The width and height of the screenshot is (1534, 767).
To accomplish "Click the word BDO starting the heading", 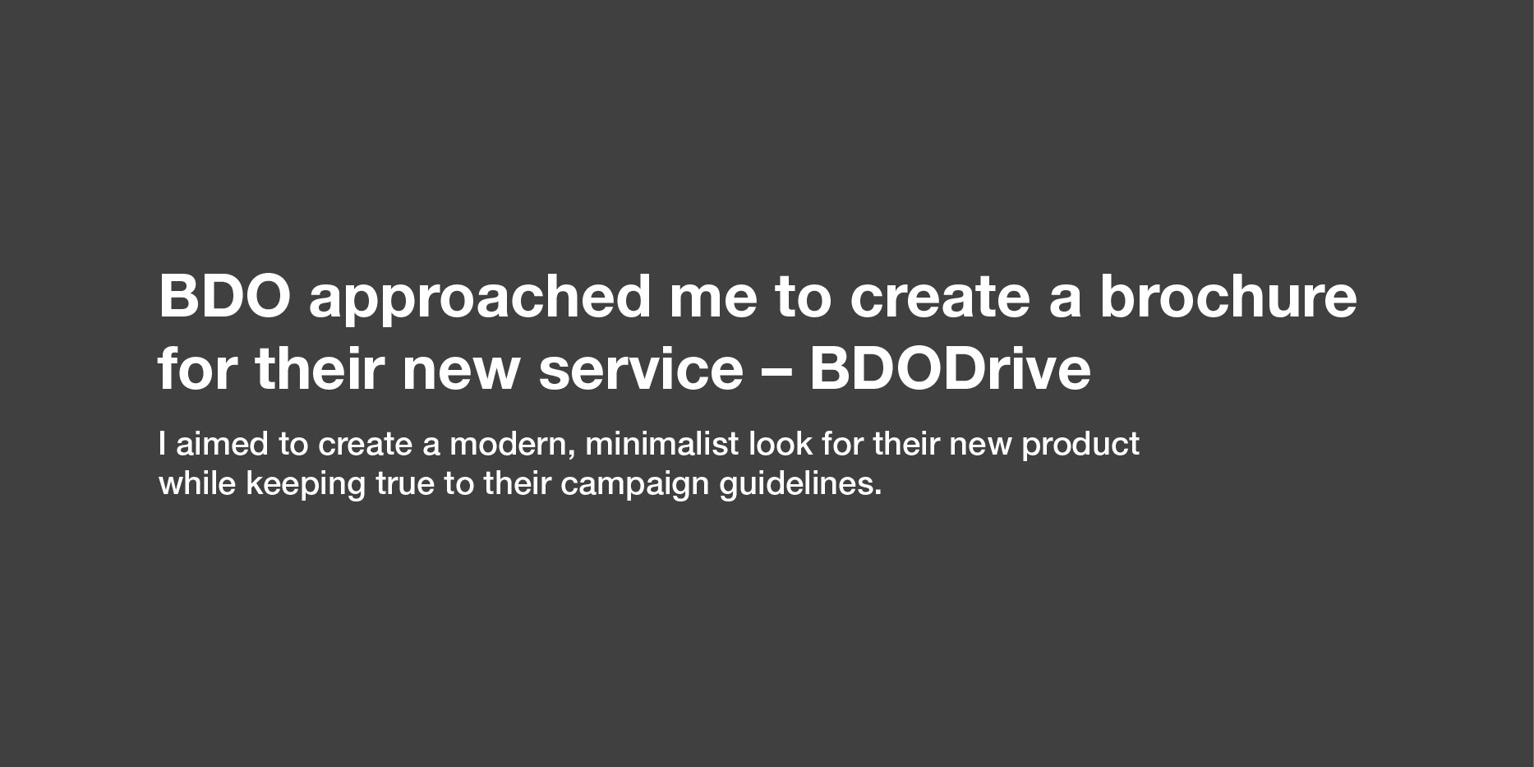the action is [224, 296].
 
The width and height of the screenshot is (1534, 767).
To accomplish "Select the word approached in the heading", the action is [480, 301].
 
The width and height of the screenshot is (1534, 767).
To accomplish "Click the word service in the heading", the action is [641, 368].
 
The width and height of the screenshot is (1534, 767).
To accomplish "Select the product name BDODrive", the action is [951, 368].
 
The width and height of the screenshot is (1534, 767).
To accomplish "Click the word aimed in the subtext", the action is [222, 444].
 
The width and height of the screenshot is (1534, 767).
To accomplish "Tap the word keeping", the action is [306, 486].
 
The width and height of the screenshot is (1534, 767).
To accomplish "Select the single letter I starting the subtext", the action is [162, 444].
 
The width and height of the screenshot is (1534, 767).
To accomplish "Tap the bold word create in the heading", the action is [939, 298].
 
